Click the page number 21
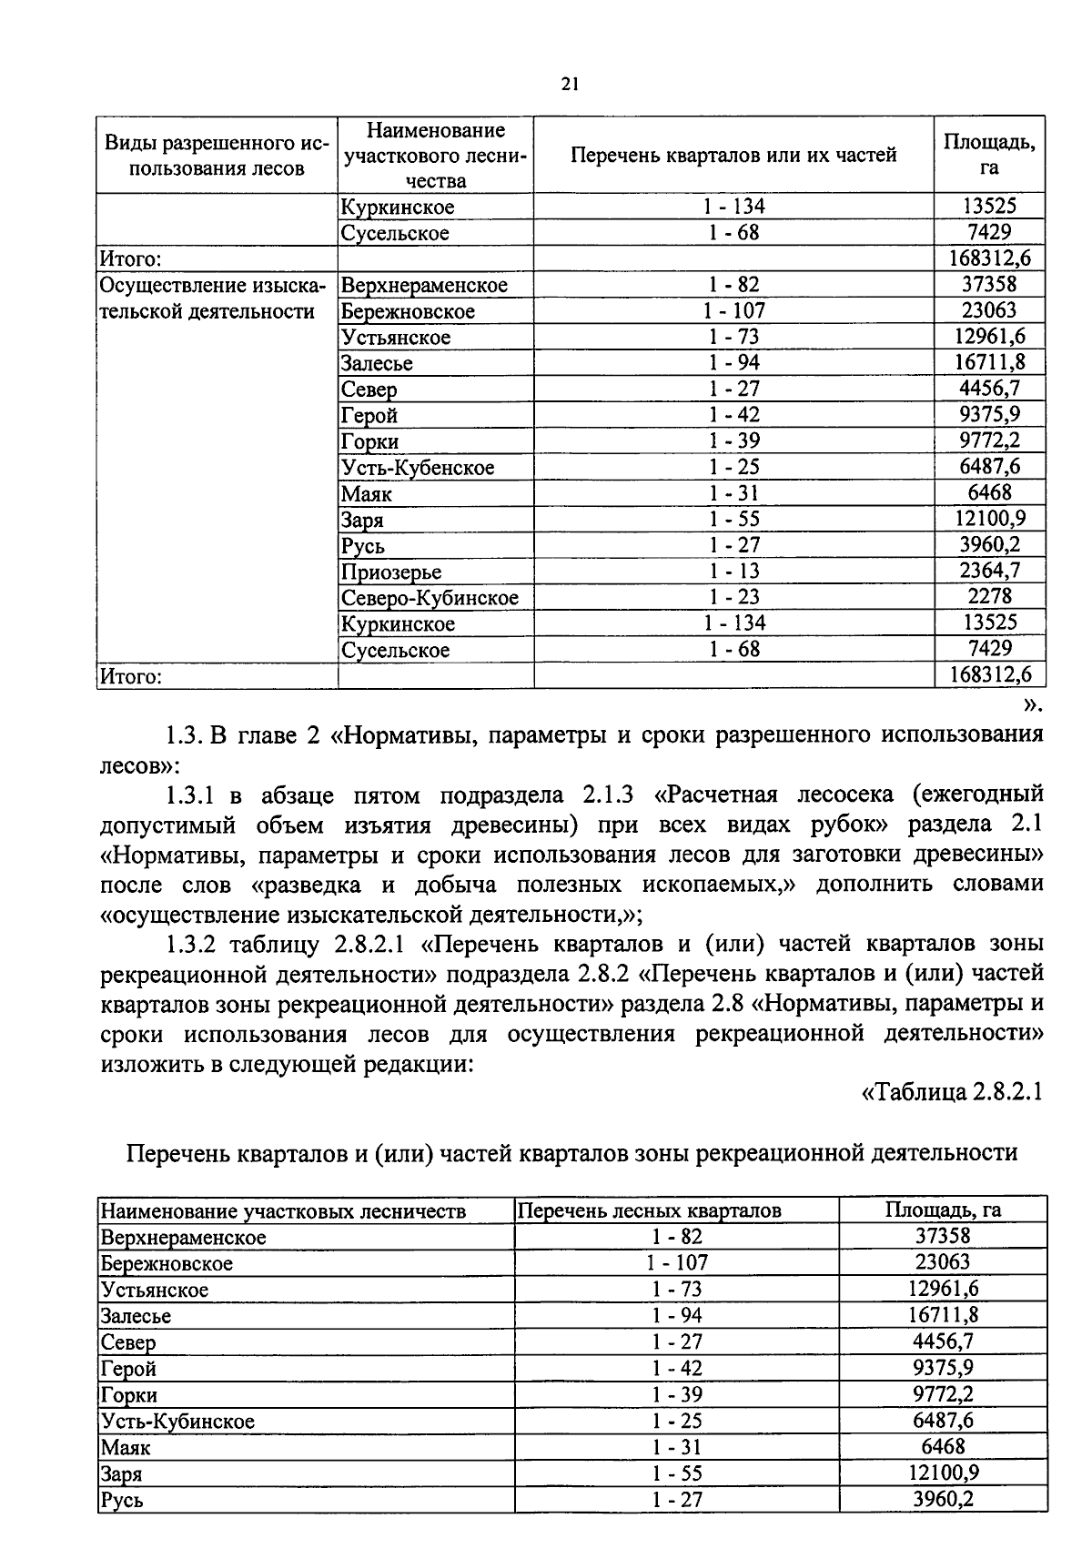[570, 85]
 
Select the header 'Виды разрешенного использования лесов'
[216, 155]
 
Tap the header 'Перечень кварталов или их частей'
[733, 155]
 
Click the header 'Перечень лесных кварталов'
[649, 1210]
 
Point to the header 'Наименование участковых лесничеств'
[283, 1210]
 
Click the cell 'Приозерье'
[391, 572]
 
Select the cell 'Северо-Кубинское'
[430, 598]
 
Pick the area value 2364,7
[989, 571]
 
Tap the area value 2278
[989, 597]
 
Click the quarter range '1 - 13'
[733, 571]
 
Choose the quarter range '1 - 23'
[733, 597]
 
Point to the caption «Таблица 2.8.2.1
[950, 1092]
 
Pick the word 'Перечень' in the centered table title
[178, 1152]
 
